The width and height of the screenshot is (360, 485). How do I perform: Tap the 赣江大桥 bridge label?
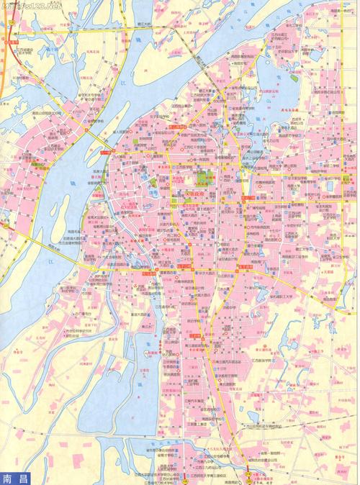point(151,25)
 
